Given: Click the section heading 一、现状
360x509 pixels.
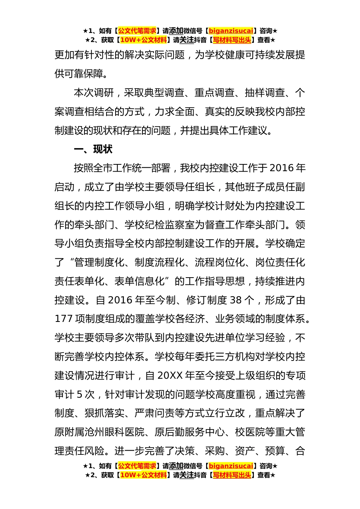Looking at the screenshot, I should point(93,149).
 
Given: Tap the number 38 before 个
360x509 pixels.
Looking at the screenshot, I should point(235,300).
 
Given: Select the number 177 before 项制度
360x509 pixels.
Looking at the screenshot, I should point(64,319).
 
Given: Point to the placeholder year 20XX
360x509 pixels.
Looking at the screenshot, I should point(170,376).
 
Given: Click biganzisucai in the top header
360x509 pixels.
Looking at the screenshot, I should point(231,31).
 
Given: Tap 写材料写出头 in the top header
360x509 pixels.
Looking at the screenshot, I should point(232,40).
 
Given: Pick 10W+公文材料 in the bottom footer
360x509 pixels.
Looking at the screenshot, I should point(143,475).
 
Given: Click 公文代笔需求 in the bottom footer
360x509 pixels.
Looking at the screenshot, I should point(137,466).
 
